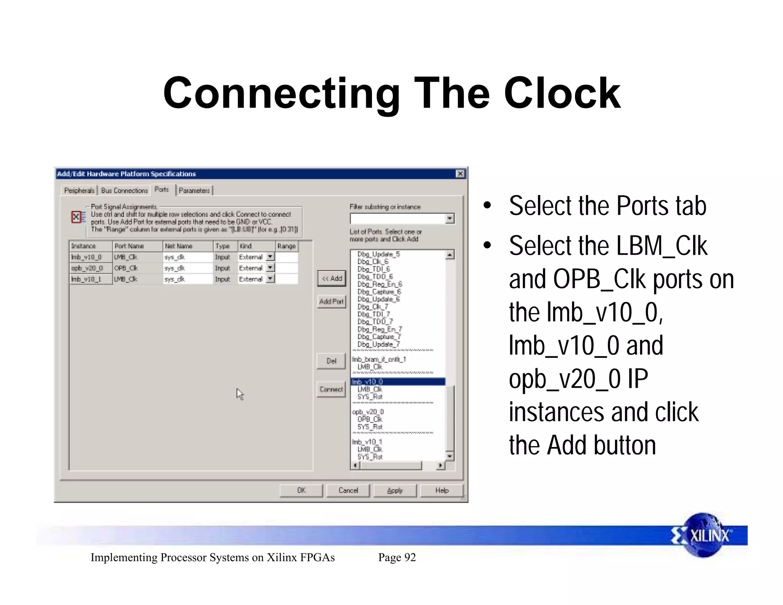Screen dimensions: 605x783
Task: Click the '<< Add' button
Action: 331,278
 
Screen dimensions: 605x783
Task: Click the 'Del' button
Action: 331,361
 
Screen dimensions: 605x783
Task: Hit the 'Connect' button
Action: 331,389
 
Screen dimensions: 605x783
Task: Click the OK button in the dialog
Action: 301,490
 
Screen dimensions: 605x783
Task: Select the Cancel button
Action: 348,490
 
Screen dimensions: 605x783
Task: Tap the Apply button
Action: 395,490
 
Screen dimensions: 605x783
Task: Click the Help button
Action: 442,490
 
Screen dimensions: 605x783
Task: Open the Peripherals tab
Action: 79,190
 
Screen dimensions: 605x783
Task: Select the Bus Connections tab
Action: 124,190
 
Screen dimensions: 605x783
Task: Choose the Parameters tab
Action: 194,190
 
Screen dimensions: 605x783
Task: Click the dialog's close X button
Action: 460,174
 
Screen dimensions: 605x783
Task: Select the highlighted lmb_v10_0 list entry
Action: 398,382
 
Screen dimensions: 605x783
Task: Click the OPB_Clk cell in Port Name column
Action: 126,268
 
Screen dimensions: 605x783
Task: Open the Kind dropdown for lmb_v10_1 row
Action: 270,279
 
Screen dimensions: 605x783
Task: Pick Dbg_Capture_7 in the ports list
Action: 379,337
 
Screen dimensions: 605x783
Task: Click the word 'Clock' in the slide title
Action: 562,94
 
